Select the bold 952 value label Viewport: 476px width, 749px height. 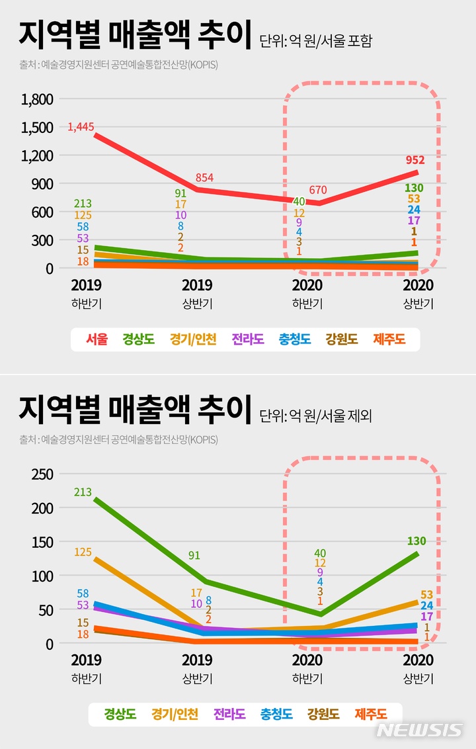[415, 160]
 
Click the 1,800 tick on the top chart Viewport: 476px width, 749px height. [38, 99]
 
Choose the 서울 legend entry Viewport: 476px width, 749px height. [97, 339]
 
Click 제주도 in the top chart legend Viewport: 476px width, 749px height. [389, 339]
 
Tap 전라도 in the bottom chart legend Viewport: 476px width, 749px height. [229, 714]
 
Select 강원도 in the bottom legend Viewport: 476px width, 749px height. [323, 714]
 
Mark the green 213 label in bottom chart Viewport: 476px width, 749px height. [83, 492]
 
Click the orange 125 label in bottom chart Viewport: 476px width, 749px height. [83, 552]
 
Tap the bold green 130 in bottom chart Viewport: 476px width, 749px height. [416, 541]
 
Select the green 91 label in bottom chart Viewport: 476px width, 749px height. [194, 555]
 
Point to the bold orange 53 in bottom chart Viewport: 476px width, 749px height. [426, 595]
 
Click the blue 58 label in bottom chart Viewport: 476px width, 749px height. [83, 594]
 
